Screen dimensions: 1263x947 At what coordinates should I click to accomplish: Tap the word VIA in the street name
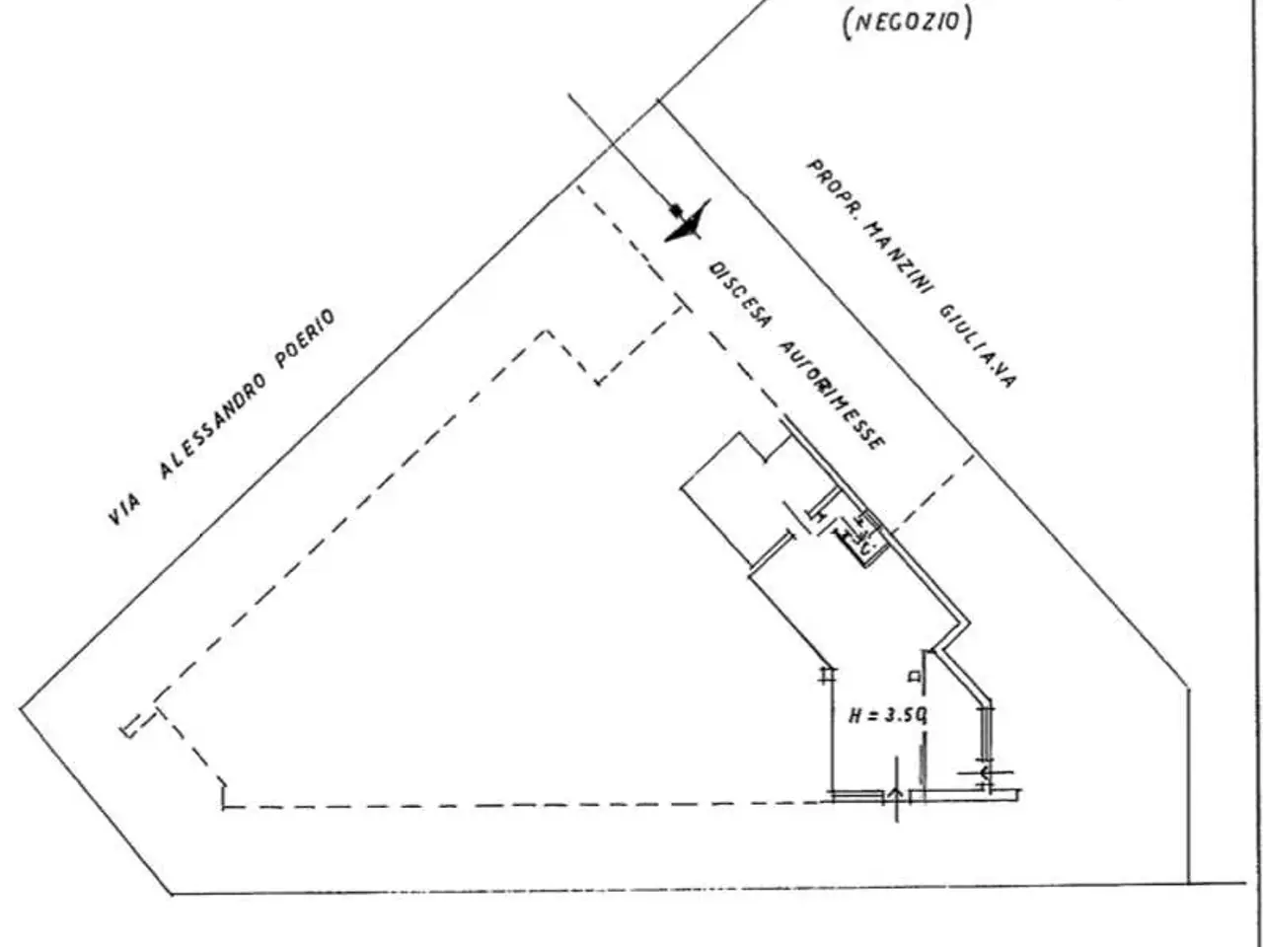coord(124,510)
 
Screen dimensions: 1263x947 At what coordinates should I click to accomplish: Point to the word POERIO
coord(305,338)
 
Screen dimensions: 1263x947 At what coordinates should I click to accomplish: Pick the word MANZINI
coord(899,259)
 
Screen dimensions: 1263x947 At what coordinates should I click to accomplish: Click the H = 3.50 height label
coord(887,716)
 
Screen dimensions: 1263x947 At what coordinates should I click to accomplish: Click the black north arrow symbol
coord(688,222)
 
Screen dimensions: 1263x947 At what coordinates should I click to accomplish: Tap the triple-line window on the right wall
coord(987,732)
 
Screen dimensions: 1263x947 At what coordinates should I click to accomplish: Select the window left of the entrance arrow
coord(857,796)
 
